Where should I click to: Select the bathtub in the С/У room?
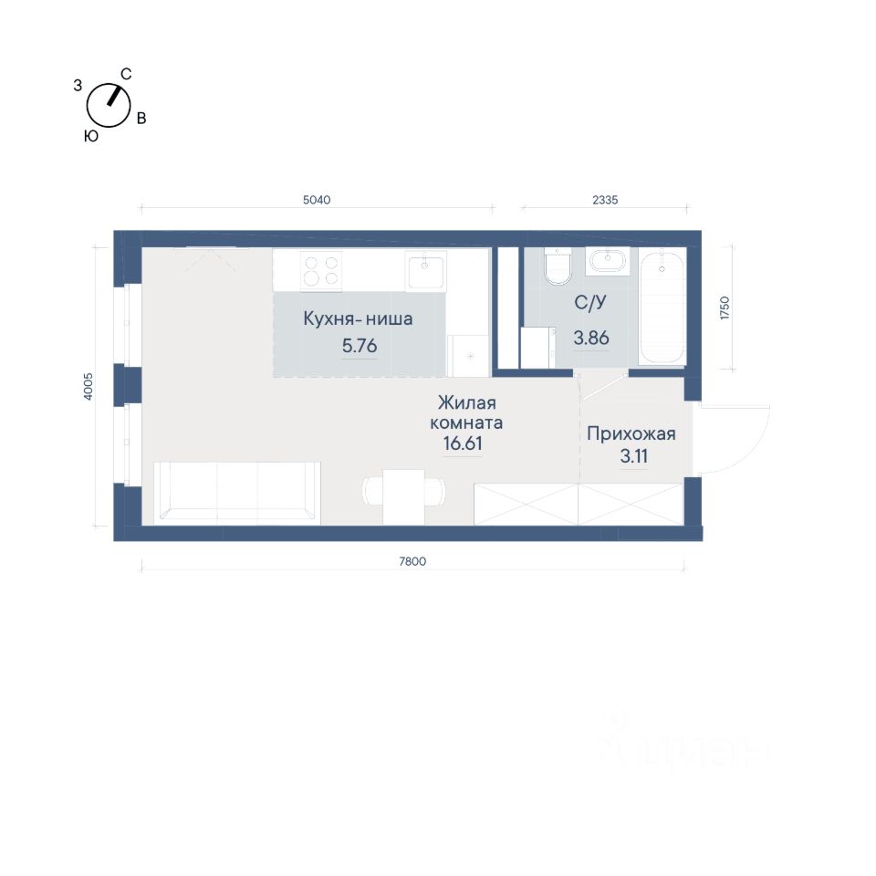(x=662, y=308)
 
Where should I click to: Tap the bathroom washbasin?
(x=608, y=262)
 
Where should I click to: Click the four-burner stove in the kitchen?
(x=321, y=271)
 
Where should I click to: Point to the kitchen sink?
(x=426, y=271)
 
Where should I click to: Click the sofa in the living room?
(x=237, y=493)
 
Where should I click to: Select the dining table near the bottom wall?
(x=404, y=496)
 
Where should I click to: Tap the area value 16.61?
(x=463, y=443)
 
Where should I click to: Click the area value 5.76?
(x=360, y=346)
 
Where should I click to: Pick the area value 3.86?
(x=591, y=338)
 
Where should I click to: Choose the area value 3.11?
(x=634, y=456)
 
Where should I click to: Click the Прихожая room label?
(x=631, y=433)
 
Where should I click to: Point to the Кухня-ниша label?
(x=358, y=319)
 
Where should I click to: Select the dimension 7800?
(x=412, y=561)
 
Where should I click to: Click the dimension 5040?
(x=317, y=200)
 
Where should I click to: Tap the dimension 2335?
(x=605, y=200)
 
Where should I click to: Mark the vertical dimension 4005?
(x=88, y=387)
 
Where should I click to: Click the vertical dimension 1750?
(x=725, y=308)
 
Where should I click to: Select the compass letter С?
(x=126, y=74)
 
